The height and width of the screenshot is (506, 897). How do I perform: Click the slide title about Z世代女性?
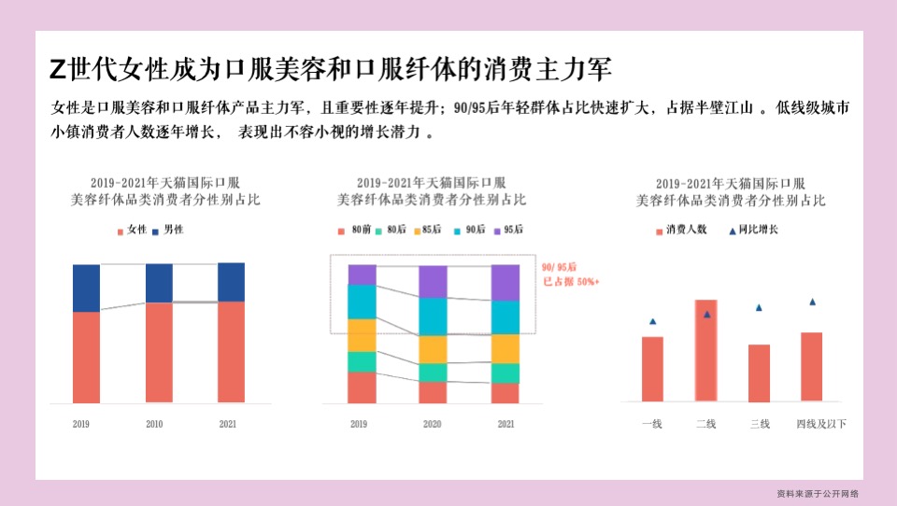331,70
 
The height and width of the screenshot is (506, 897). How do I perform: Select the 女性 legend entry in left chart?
132,230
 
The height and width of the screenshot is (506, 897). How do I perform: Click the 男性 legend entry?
167,230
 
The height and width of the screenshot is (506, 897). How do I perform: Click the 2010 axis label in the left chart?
154,425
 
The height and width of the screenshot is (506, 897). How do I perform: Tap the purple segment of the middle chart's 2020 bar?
433,281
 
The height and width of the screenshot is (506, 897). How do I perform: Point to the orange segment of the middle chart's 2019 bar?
362,335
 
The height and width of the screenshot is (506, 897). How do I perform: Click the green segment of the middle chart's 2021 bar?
505,373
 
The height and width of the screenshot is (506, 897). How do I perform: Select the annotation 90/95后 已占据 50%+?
570,274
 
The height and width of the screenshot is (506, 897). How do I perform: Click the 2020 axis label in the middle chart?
433,425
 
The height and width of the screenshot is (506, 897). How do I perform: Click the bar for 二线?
705,351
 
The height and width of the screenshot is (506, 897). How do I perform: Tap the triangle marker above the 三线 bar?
759,307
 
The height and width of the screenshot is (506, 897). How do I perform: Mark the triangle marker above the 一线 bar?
652,321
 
